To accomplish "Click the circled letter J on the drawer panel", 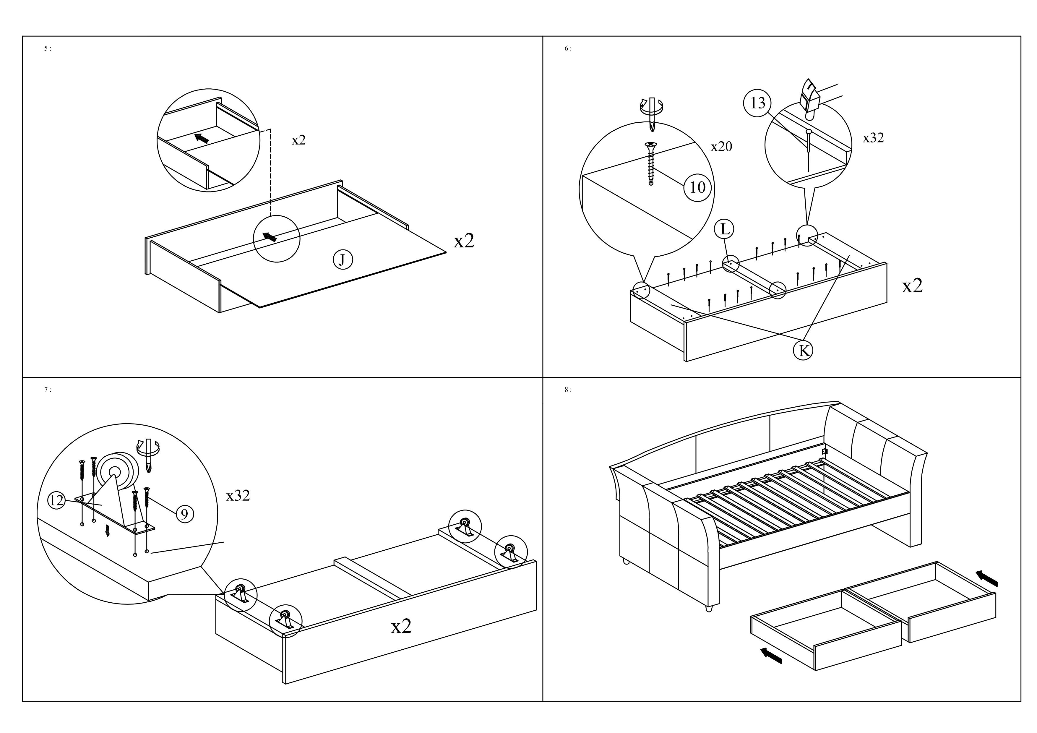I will coord(343,260).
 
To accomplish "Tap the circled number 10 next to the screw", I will coord(698,187).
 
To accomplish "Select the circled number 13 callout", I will coord(757,103).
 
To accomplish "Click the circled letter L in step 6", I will coord(724,229).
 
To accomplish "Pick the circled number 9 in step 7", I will coord(184,514).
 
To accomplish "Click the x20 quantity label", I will coord(721,146).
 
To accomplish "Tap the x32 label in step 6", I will coord(873,138).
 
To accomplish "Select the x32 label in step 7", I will coord(238,496).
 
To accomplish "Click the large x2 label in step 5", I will coord(464,241).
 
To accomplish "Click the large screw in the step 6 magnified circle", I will coord(651,163).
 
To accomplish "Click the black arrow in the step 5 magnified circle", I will coord(202,138).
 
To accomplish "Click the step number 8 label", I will coord(568,390).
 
